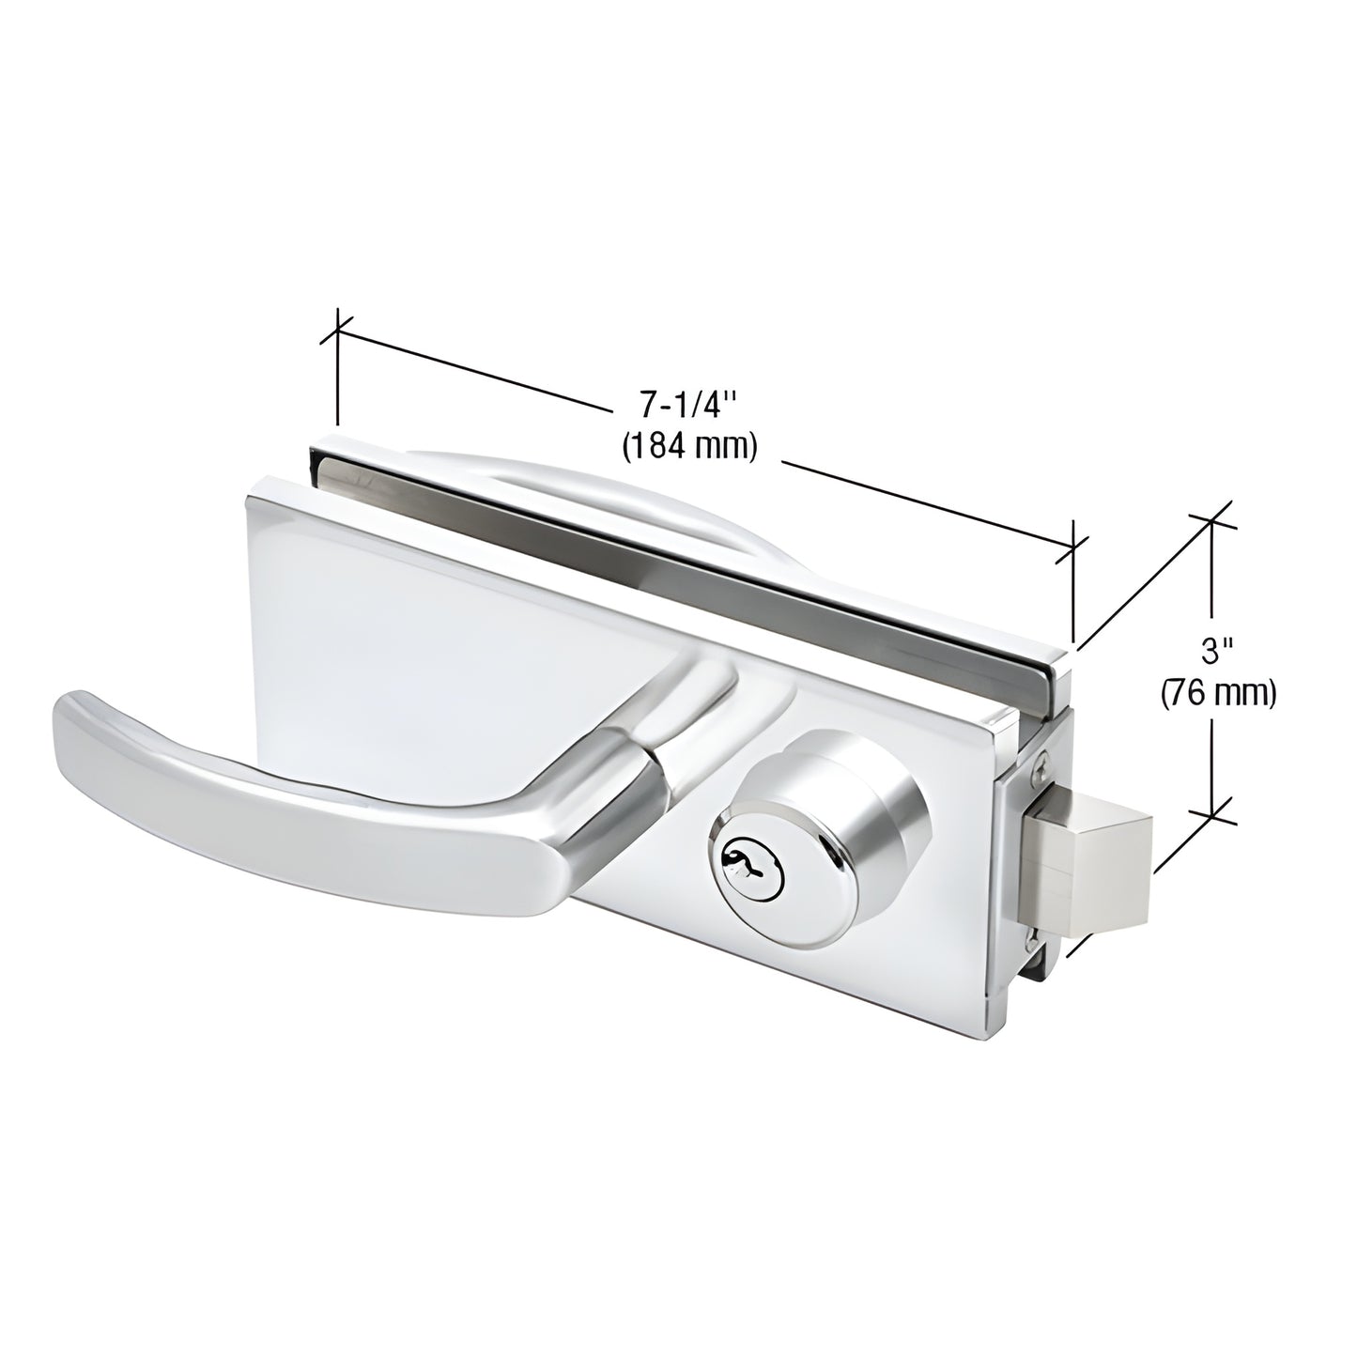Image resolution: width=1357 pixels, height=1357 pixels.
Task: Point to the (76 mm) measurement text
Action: (x=1218, y=693)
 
